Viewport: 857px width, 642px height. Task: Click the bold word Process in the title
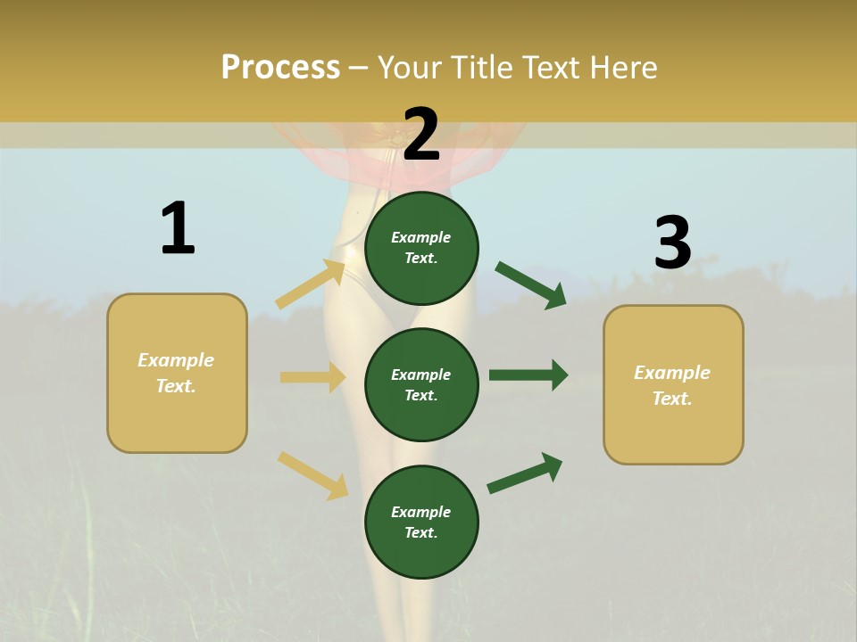point(280,68)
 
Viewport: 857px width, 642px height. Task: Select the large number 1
point(178,229)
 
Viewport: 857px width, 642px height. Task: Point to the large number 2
point(421,135)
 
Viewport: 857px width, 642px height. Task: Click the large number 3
point(672,243)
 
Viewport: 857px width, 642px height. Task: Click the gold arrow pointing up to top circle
point(311,284)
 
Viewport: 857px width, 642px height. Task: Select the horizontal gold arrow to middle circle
point(312,377)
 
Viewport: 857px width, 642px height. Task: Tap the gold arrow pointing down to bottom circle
point(312,475)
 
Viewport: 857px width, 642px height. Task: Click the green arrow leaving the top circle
point(530,284)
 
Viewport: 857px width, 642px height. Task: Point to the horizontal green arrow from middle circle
point(528,375)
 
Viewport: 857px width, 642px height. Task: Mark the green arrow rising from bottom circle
point(525,473)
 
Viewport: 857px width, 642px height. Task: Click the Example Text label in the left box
point(176,373)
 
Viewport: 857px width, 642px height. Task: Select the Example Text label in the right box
point(672,385)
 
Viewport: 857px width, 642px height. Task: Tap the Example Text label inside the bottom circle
point(421,523)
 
